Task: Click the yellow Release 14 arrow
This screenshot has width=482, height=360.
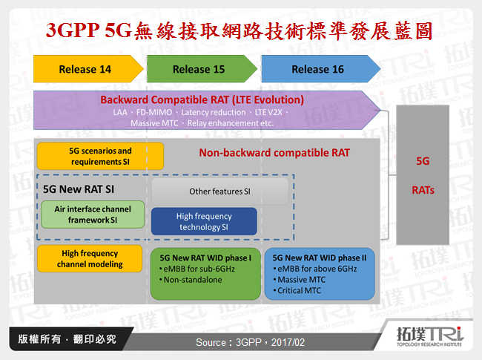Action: (x=85, y=69)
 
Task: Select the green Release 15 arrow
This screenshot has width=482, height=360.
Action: (x=199, y=69)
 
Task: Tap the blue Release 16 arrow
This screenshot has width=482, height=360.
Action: (x=317, y=69)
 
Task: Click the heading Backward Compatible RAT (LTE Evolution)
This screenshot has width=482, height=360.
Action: (x=202, y=99)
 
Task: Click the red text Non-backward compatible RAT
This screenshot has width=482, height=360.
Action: (x=274, y=154)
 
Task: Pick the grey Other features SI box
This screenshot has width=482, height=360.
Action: (x=219, y=192)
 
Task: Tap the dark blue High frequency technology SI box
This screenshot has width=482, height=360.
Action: (x=204, y=221)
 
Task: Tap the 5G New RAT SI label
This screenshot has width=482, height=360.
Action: (x=79, y=189)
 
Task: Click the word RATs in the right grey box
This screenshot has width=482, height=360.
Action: (x=423, y=189)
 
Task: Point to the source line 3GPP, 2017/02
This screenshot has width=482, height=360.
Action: (x=250, y=342)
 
